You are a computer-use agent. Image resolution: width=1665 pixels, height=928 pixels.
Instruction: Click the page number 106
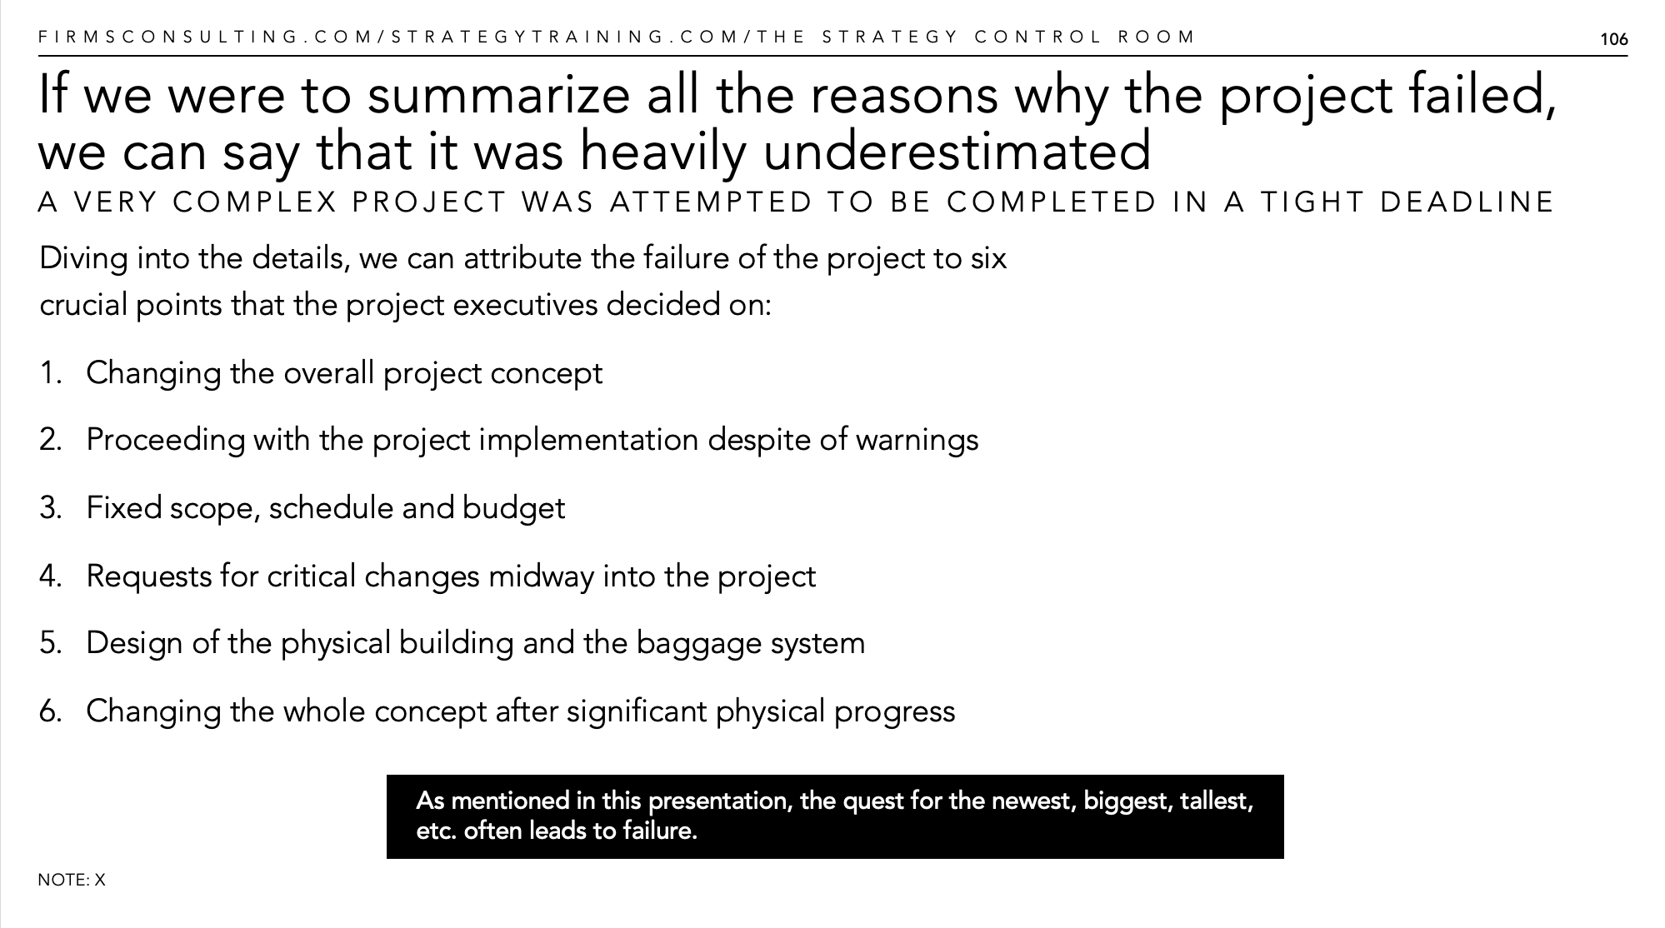[1613, 39]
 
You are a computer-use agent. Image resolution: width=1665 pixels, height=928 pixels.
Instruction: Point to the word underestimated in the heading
[957, 152]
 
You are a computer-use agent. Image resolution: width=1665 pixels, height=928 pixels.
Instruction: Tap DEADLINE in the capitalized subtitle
[1467, 202]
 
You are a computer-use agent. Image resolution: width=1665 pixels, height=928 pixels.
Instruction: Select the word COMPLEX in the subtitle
[255, 202]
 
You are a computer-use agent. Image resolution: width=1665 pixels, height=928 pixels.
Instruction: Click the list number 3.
[51, 508]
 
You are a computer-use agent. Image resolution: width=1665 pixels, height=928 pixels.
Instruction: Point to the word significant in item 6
[637, 711]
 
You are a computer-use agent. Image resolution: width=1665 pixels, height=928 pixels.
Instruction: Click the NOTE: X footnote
[72, 880]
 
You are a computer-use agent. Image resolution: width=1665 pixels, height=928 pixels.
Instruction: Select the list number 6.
[51, 711]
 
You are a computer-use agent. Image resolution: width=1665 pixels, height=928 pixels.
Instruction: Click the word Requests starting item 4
[149, 576]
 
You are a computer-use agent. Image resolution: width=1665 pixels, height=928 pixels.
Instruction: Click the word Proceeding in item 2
[166, 440]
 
